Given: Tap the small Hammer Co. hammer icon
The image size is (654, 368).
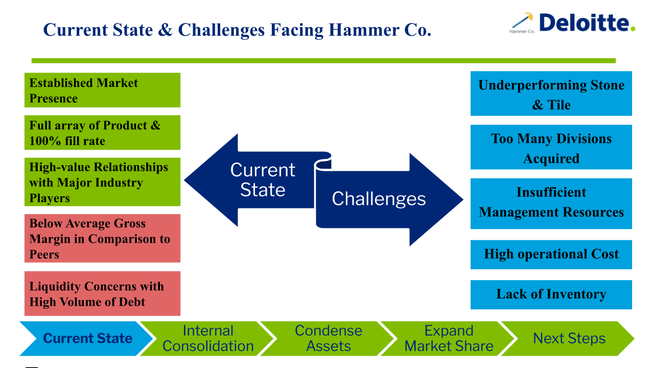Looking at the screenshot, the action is [522, 20].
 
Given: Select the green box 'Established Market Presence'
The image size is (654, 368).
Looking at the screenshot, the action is [103, 90].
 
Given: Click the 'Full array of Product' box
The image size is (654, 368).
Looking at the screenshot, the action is [103, 132].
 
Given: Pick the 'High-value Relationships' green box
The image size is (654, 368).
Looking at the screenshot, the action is [103, 182].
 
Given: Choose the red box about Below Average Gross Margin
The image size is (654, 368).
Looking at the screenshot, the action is [103, 238].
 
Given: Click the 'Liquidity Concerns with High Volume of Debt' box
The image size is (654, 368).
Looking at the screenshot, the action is [103, 293].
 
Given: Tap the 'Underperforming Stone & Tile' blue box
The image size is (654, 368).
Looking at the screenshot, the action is [551, 94].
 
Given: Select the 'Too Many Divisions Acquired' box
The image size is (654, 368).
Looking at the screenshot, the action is [551, 147].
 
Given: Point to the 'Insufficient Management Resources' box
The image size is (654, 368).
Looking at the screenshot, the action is [551, 203].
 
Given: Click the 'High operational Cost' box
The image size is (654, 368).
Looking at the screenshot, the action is [551, 255].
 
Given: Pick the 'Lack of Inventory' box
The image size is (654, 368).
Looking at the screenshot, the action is [551, 295].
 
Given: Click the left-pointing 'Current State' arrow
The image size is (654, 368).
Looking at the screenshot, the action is [257, 180].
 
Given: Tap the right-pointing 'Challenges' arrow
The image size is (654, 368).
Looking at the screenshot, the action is [388, 199].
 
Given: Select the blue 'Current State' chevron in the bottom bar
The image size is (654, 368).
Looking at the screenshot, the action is [86, 339].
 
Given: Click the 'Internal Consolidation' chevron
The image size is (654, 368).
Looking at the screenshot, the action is [208, 339].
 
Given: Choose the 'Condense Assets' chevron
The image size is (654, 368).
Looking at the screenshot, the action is [328, 339].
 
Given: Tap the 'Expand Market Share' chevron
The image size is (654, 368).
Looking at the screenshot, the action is [449, 339].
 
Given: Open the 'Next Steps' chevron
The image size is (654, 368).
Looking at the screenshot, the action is [569, 339].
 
